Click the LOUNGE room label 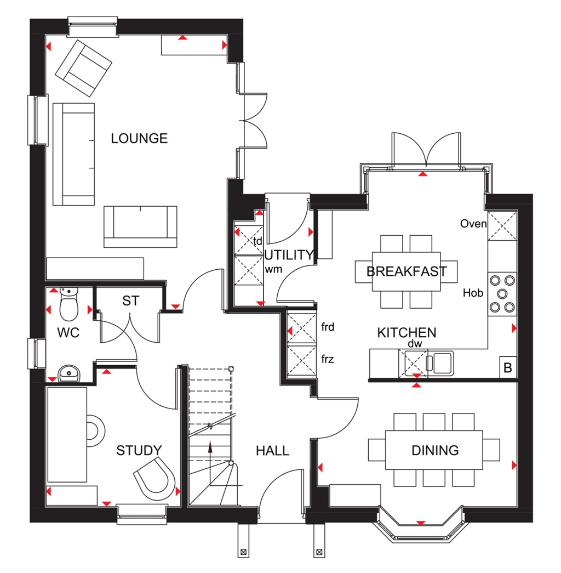139,138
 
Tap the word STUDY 139,451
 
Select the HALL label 272,451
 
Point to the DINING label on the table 435,451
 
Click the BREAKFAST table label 407,271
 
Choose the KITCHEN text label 407,332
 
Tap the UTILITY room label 289,255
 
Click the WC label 68,333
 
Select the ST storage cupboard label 131,300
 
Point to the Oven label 473,224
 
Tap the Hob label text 473,293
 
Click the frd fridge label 328,328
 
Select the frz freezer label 328,360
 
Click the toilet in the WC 69,305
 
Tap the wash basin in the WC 69,373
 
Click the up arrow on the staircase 210,447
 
